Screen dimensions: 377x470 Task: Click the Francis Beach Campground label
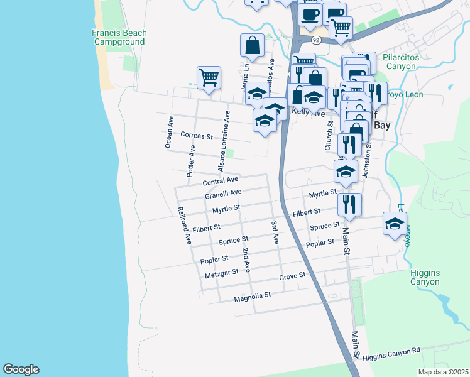tap(119, 38)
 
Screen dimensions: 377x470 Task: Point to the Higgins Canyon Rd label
tap(390, 352)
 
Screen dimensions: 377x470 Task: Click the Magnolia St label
tap(251, 295)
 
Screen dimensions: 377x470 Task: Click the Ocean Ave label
tap(169, 132)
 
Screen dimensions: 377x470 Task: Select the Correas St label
tap(197, 135)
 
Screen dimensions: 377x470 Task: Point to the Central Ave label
tap(221, 181)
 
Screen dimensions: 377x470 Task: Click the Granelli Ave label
tap(223, 194)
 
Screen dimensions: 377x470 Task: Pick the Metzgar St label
tap(222, 273)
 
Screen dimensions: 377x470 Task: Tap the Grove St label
tap(292, 276)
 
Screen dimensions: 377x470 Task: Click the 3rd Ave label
tap(275, 232)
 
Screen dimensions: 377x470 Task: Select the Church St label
tap(328, 136)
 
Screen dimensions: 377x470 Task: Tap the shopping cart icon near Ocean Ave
tap(209, 78)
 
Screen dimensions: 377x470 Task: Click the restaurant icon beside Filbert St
tap(349, 204)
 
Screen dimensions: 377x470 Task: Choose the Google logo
tap(21, 369)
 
